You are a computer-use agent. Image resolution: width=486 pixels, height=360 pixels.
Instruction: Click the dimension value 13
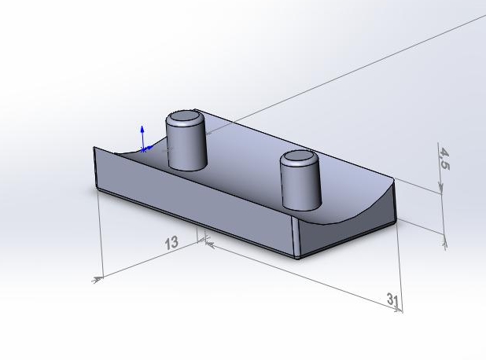click(x=171, y=243)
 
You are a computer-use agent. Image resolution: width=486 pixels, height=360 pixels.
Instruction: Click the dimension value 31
click(x=392, y=299)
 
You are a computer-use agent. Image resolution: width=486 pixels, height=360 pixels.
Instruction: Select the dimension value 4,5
click(x=444, y=159)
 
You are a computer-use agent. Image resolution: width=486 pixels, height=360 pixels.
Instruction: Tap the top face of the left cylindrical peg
click(x=185, y=116)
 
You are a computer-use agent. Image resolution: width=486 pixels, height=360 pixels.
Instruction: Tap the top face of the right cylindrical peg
click(x=299, y=156)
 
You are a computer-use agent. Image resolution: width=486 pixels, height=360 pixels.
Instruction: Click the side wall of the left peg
click(x=186, y=145)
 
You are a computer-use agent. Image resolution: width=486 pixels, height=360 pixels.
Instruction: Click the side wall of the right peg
click(x=300, y=186)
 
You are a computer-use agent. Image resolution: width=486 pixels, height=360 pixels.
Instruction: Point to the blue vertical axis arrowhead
click(x=142, y=129)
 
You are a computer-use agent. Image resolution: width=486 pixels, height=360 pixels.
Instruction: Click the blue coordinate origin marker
click(x=143, y=150)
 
